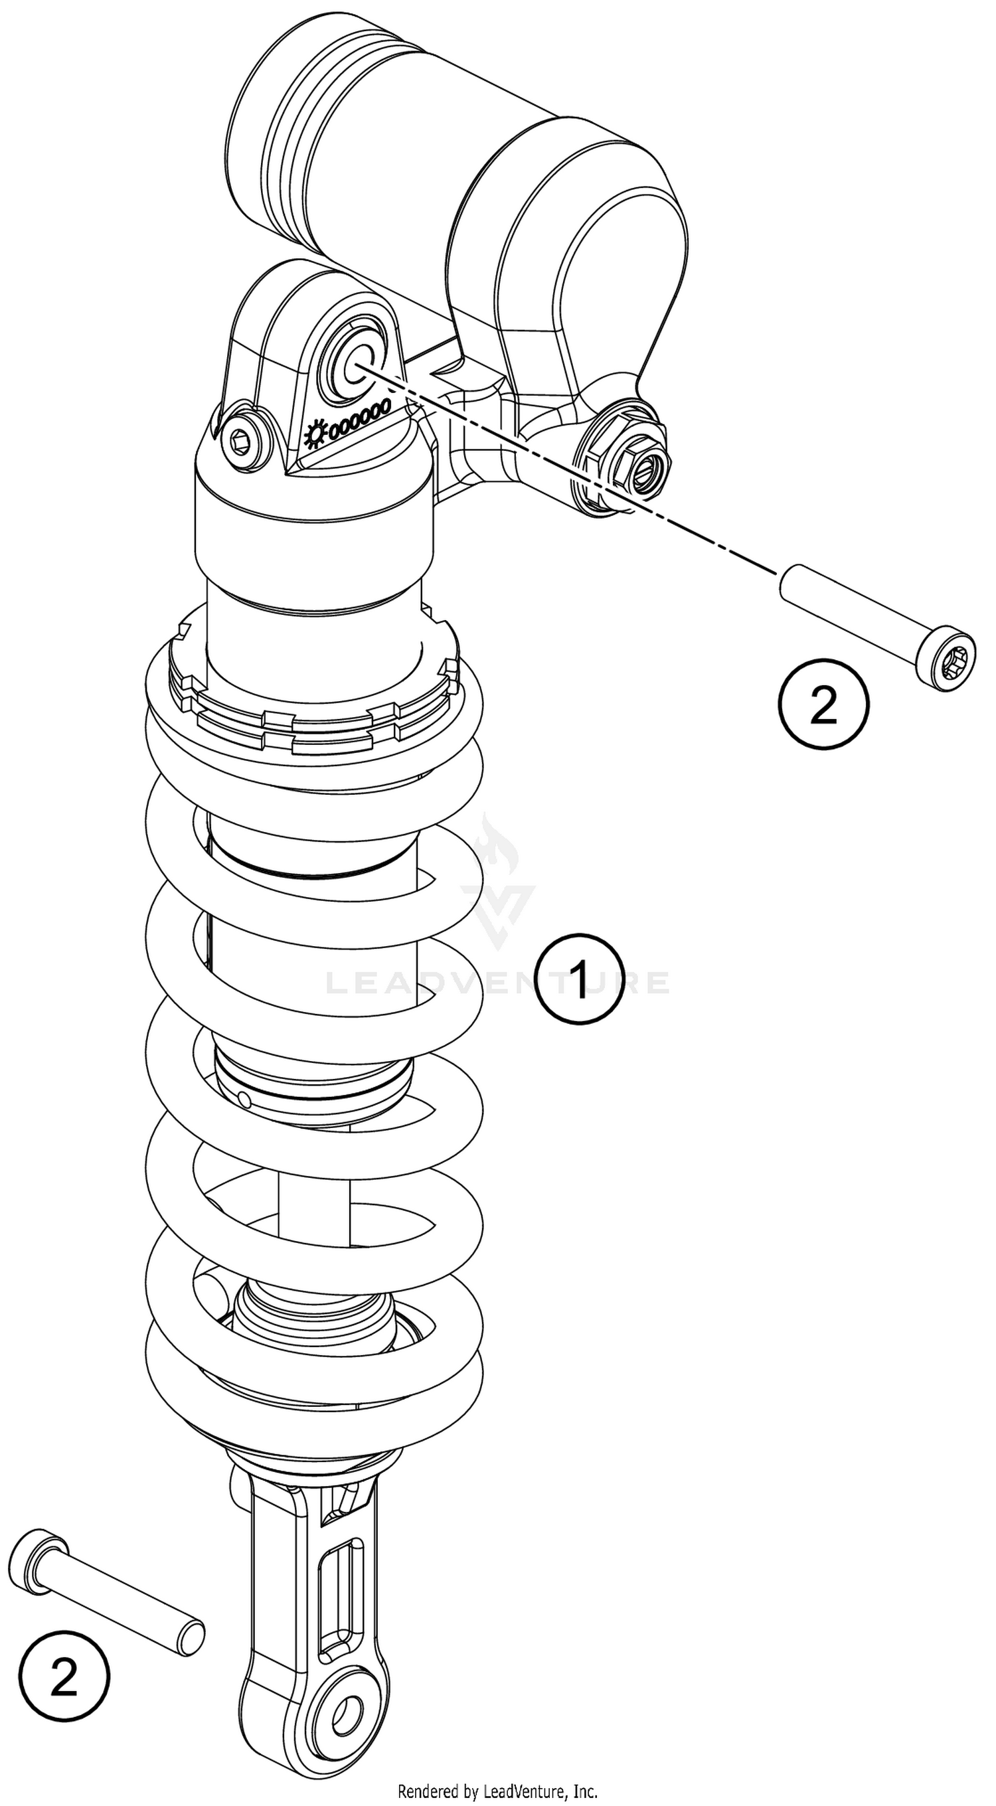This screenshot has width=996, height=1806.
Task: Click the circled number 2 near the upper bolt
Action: (x=823, y=704)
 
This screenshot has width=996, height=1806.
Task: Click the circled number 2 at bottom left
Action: (x=64, y=1679)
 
